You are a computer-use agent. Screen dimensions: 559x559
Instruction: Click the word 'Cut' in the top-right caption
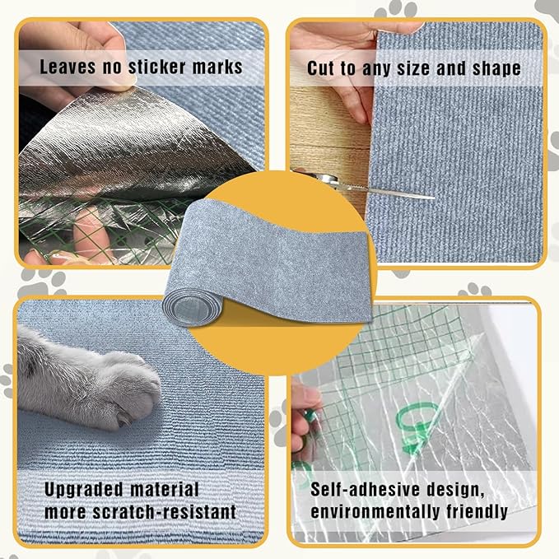point(323,68)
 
